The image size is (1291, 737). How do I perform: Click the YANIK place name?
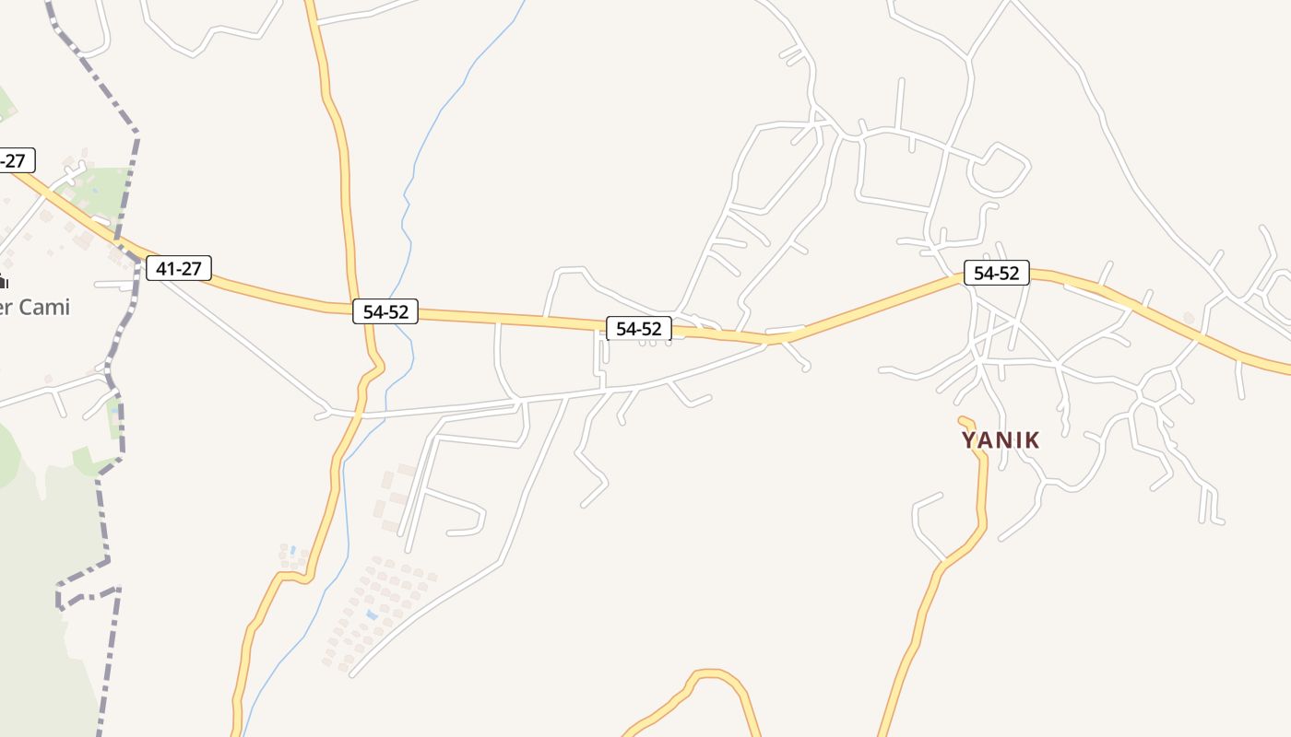(x=1001, y=440)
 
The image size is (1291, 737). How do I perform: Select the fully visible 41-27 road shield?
(x=179, y=268)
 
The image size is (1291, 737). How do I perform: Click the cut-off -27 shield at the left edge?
(x=15, y=160)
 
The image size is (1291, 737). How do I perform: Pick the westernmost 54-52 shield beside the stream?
(x=385, y=311)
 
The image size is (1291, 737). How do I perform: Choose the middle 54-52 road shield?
(x=639, y=328)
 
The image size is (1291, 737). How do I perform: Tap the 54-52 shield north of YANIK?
(x=997, y=273)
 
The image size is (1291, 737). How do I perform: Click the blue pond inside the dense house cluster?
(x=371, y=614)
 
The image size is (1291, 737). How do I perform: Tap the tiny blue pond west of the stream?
(x=293, y=550)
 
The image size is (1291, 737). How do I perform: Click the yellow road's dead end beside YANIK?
(x=964, y=422)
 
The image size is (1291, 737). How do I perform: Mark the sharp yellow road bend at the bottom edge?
(x=710, y=675)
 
